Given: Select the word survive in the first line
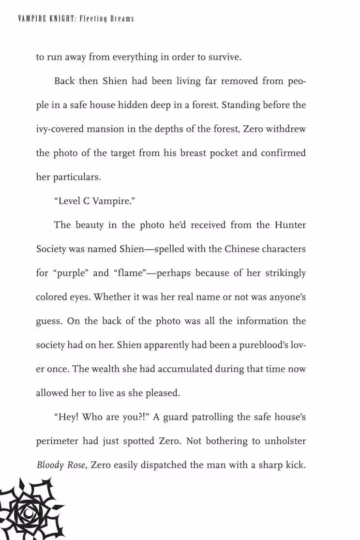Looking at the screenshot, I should click(224, 57).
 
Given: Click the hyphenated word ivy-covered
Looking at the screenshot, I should click(62, 129).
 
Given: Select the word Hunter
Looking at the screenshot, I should click(290, 225).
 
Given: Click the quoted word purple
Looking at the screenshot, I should click(69, 273).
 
